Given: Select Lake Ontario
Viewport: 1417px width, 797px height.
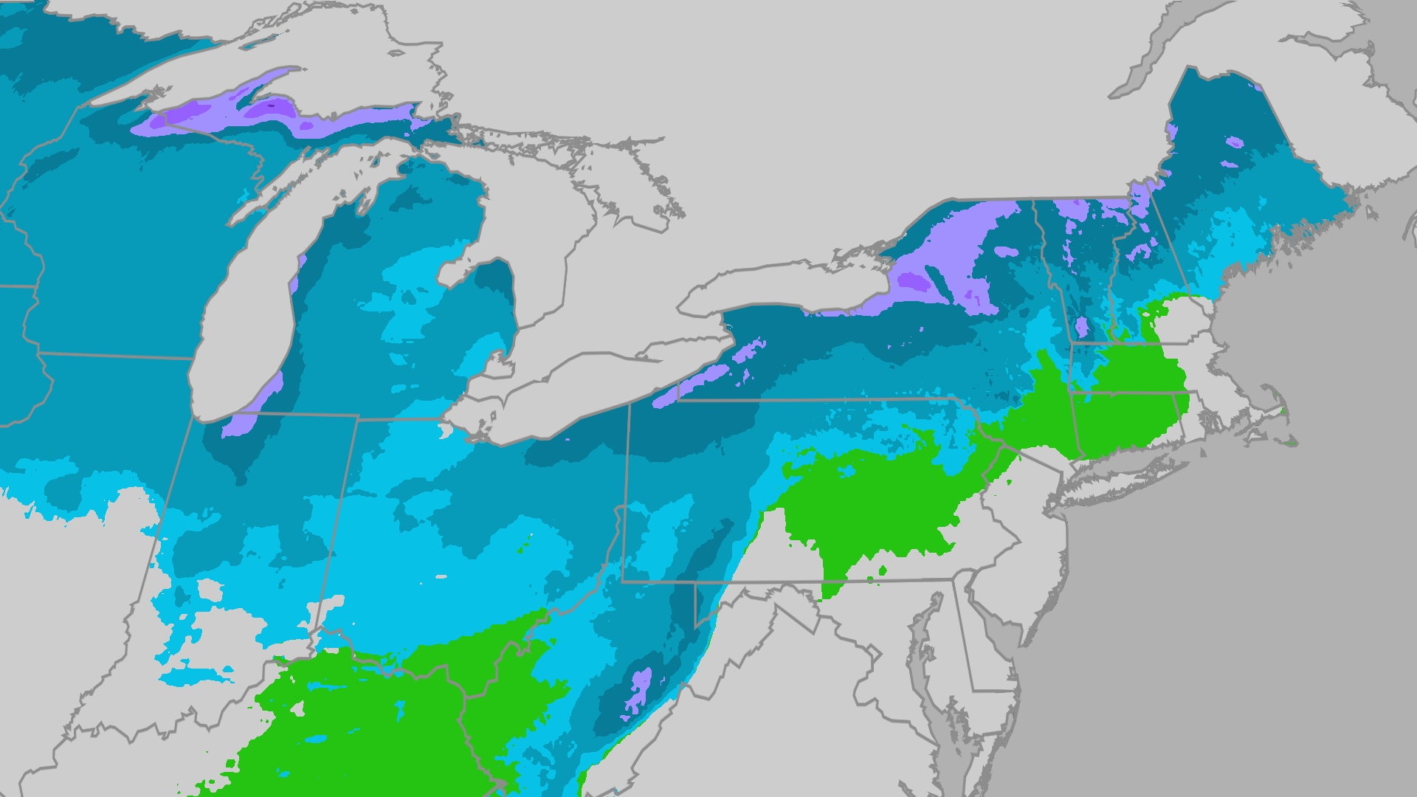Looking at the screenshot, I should point(782,288).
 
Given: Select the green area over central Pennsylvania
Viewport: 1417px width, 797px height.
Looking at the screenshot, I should point(871,502).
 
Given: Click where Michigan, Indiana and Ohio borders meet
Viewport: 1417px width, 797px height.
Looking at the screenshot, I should point(358,418).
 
